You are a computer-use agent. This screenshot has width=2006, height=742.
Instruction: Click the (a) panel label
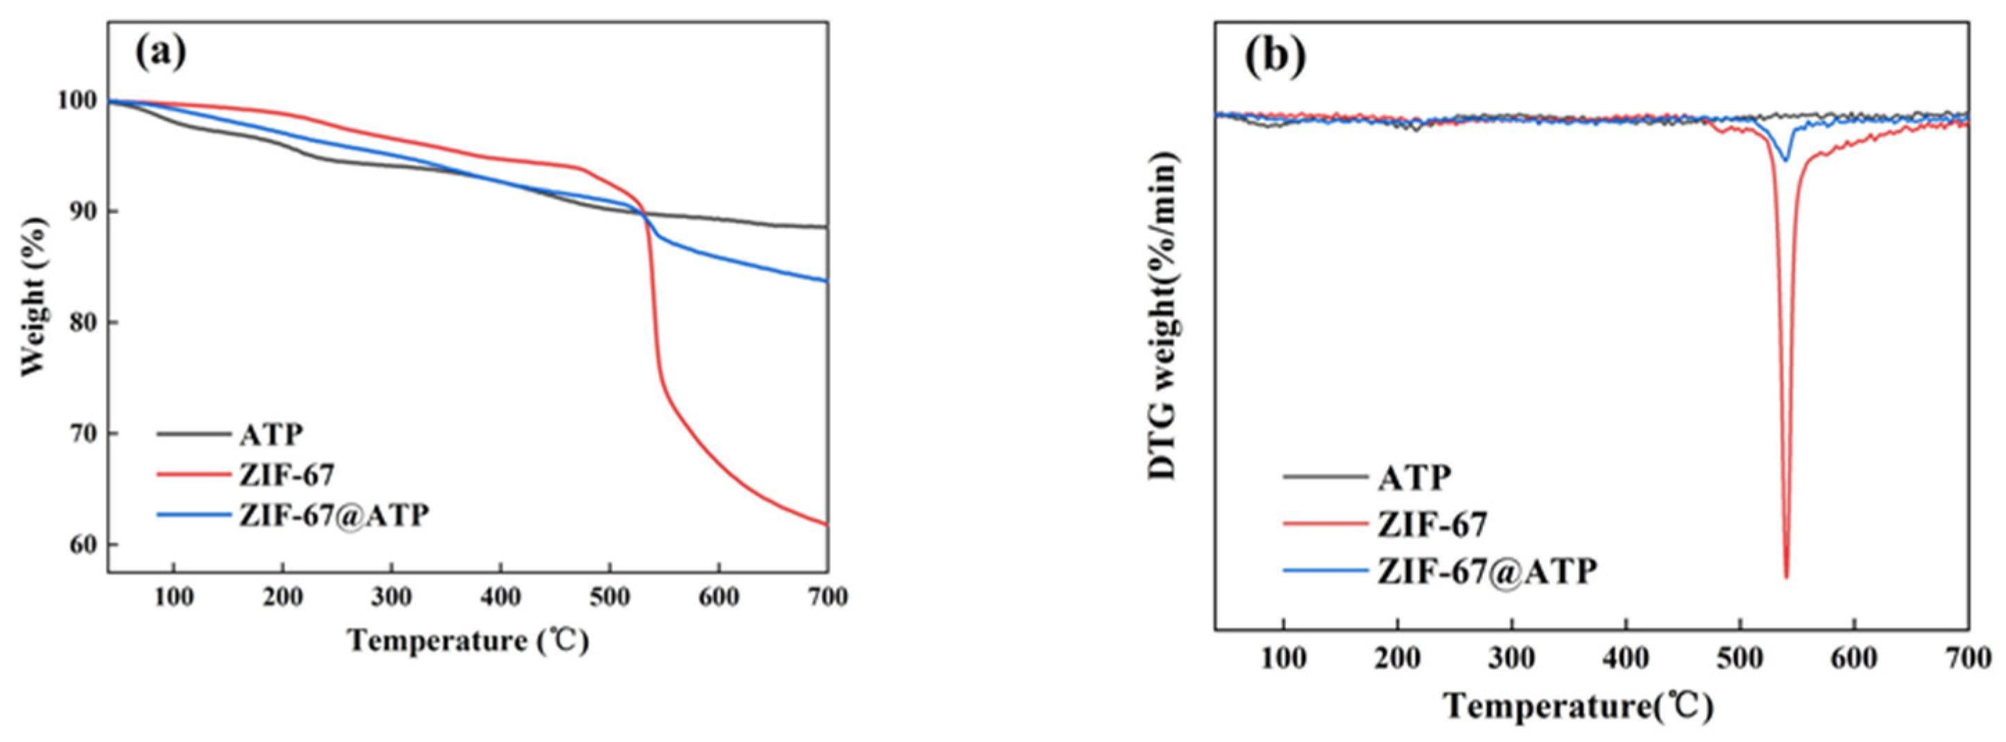[161, 52]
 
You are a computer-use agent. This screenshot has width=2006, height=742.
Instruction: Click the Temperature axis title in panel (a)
[468, 641]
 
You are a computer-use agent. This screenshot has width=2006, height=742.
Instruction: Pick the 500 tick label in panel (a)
[609, 598]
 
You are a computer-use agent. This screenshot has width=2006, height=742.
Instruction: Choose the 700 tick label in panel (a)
[826, 598]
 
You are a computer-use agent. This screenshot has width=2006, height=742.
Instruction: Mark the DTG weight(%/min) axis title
[1164, 314]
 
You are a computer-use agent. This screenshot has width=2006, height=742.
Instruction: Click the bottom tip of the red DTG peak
[1785, 577]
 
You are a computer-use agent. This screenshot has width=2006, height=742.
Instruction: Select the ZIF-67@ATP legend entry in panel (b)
[1486, 571]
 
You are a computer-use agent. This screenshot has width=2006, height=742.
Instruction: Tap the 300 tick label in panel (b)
[1511, 659]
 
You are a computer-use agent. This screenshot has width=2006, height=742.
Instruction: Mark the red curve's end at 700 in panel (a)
[826, 524]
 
